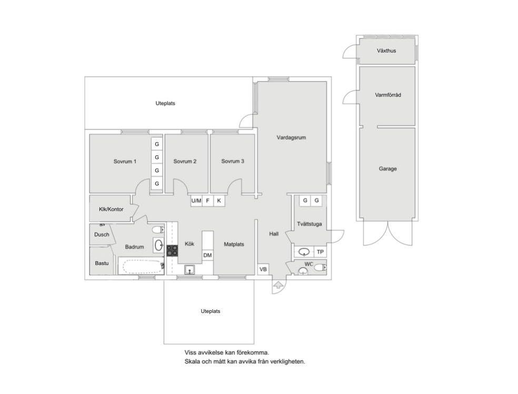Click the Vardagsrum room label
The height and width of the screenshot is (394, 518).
291,137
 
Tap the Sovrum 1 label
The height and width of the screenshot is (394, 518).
125,161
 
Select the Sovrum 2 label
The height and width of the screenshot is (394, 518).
185,161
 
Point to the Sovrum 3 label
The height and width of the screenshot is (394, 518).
232,161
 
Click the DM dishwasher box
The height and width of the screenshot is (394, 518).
207,255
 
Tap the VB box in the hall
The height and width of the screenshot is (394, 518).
263,269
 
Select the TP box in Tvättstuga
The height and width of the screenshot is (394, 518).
320,252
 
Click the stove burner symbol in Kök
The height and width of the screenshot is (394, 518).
172,251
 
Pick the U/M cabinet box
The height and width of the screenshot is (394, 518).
196,201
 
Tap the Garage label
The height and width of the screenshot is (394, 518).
387,169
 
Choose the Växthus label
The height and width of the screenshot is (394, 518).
386,51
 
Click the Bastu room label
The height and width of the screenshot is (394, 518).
102,263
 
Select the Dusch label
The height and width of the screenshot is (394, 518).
102,234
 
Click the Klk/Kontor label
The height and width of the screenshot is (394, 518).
111,209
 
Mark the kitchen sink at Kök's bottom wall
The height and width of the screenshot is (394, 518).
190,270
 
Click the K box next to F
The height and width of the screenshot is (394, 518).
219,201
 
